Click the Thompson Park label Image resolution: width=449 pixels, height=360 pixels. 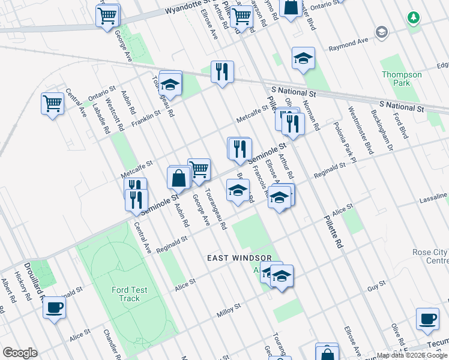tap(402, 79)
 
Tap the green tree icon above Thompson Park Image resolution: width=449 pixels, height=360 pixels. tap(413, 18)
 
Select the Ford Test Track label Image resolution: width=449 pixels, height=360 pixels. tap(129, 294)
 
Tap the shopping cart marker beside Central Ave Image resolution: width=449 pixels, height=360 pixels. tap(53, 104)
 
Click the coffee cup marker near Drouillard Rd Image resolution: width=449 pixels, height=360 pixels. tap(55, 308)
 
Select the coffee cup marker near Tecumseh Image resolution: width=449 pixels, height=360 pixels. tap(428, 318)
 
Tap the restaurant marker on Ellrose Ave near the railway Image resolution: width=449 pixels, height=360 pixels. tap(222, 72)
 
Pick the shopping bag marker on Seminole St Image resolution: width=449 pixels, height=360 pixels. tap(179, 178)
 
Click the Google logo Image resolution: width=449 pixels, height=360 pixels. tap(20, 353)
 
